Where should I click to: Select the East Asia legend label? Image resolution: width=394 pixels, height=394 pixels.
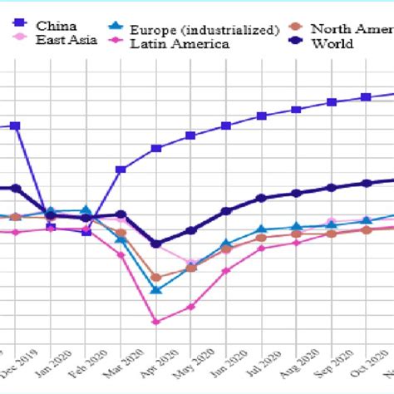click(66, 39)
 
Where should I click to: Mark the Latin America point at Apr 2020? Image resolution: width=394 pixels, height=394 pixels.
click(155, 321)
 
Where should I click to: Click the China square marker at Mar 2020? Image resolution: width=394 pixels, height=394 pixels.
click(121, 170)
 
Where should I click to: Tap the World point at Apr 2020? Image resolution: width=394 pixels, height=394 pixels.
click(155, 244)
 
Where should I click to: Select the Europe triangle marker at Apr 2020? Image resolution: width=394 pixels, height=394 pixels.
click(155, 289)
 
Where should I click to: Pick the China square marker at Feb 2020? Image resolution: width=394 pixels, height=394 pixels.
click(86, 232)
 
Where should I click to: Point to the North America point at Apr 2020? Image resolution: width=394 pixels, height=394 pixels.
click(155, 277)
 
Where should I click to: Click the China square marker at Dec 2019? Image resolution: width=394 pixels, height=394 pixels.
click(16, 126)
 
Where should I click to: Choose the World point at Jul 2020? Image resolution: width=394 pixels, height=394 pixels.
click(261, 198)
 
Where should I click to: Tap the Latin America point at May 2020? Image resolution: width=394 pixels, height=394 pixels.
click(190, 307)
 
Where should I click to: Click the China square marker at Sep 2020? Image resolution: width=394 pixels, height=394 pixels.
click(331, 102)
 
